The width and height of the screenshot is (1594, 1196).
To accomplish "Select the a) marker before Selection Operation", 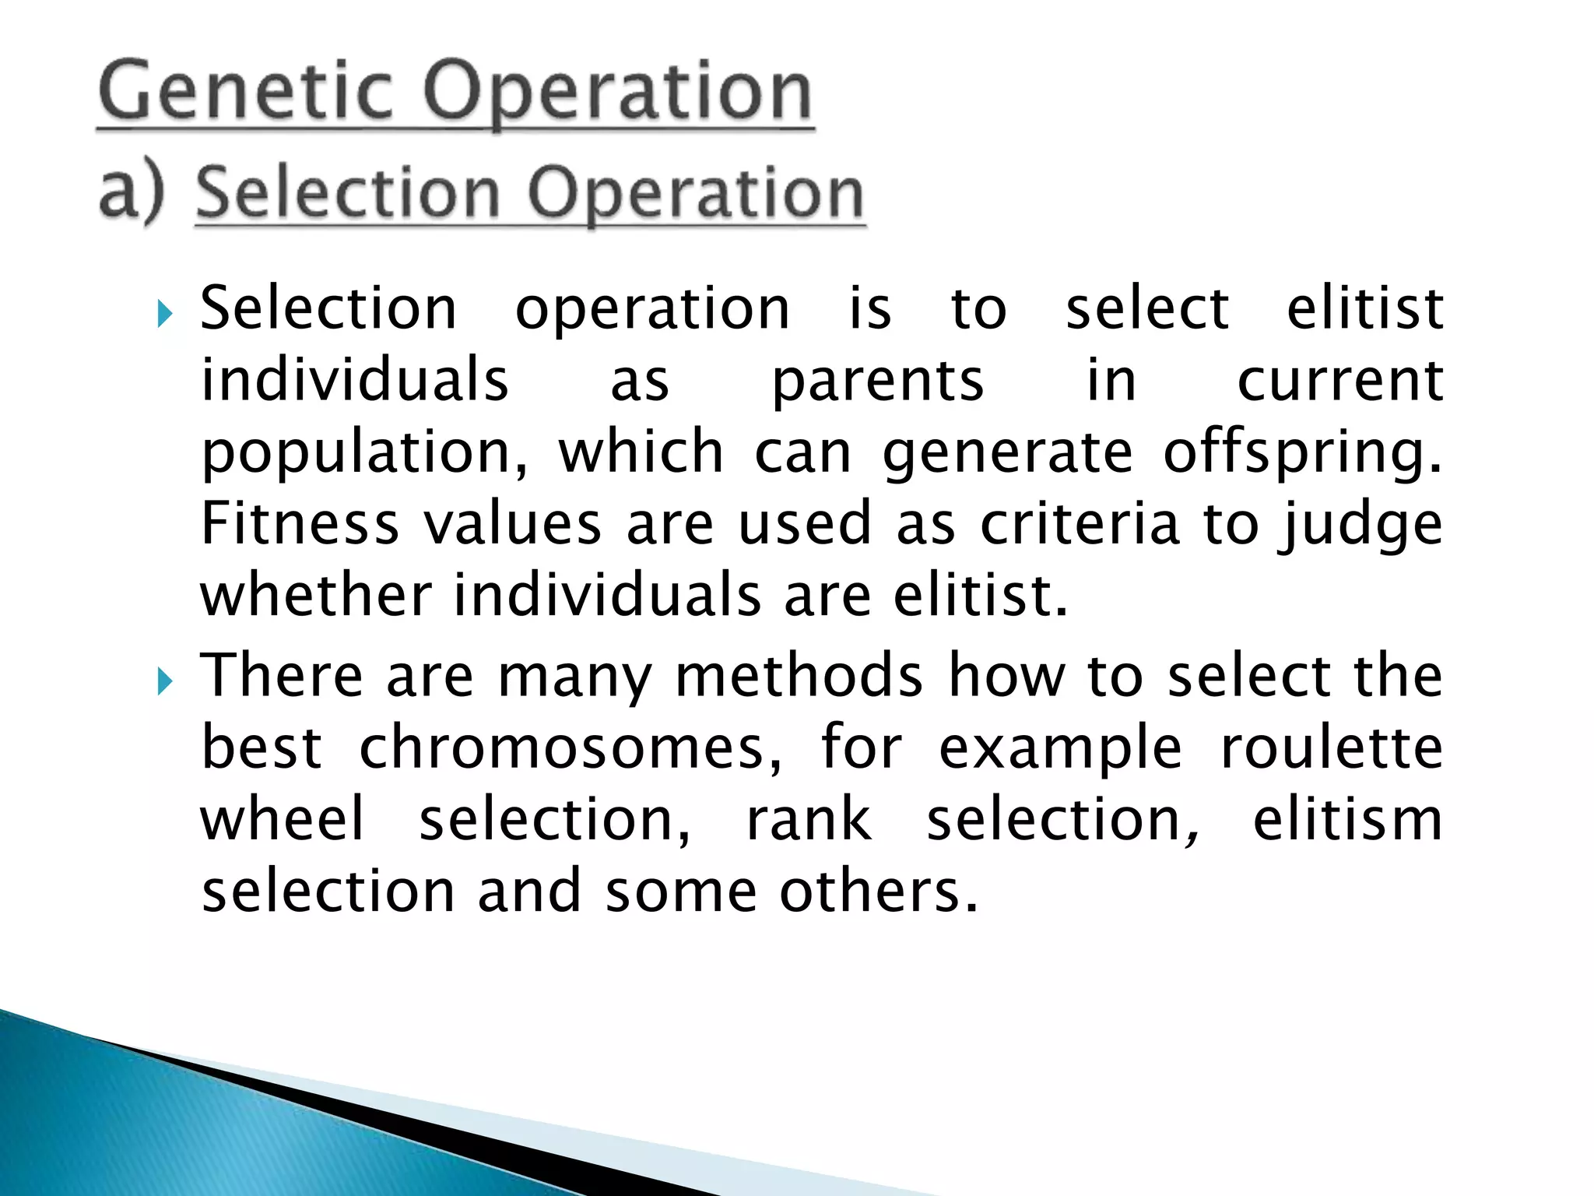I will (x=132, y=192).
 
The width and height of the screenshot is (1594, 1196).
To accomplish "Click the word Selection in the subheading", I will (x=347, y=192).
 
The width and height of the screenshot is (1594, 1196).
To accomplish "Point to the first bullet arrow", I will (x=163, y=315).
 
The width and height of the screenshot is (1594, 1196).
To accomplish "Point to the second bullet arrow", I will (x=163, y=682).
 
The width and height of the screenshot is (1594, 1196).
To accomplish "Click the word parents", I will (x=877, y=381).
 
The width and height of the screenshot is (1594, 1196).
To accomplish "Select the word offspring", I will (x=1301, y=452).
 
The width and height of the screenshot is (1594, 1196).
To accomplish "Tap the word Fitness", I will (x=300, y=523).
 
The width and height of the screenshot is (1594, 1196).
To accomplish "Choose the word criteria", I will (x=1080, y=523).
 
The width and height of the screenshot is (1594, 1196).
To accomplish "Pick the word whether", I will (x=315, y=595).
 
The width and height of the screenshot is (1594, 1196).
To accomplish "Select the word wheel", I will (x=282, y=819).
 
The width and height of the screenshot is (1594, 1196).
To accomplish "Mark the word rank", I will (x=809, y=819).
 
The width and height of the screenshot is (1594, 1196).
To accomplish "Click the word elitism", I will (x=1347, y=819).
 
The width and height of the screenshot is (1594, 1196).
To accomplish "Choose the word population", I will (x=363, y=454).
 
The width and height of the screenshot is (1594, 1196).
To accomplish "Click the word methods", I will (x=799, y=676).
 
